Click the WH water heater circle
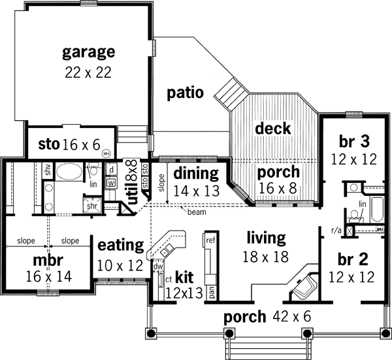pos(106,154)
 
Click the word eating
pos(120,246)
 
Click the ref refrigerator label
pos(210,241)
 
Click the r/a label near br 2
pos(336,231)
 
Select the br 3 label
pos(355,142)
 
